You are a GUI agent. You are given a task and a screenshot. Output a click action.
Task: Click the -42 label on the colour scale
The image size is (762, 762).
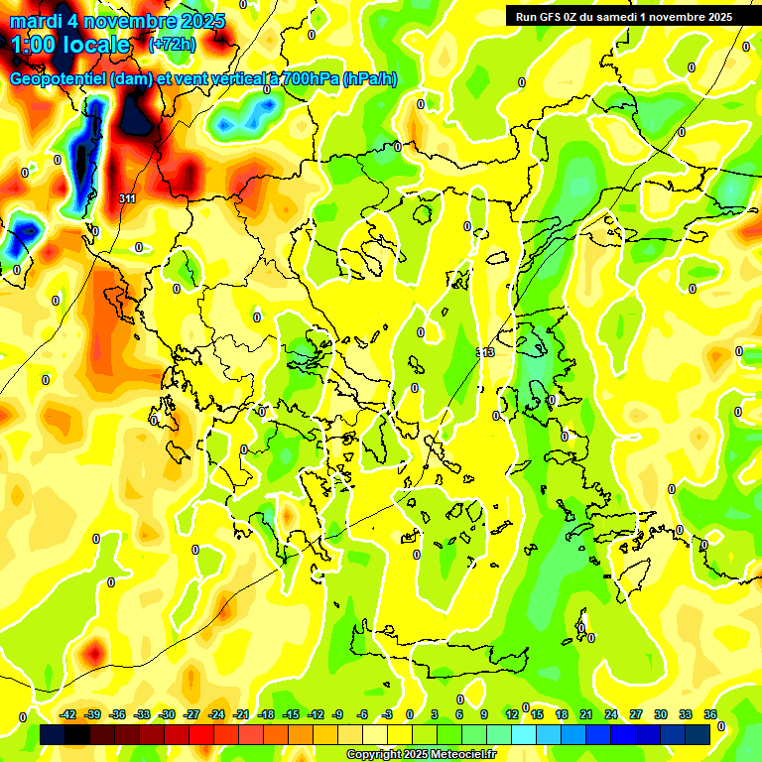(68, 714)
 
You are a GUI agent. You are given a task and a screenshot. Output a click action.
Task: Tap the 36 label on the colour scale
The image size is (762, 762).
(710, 714)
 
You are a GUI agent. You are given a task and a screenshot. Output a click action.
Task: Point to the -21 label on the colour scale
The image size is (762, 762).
(241, 714)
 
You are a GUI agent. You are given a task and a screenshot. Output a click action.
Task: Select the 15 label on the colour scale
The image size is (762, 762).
(537, 714)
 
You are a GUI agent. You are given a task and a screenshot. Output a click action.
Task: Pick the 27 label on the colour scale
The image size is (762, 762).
(636, 714)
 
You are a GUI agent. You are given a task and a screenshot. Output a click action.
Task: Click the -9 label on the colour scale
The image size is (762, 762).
(338, 714)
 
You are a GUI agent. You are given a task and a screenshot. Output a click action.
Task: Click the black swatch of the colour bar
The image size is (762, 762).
(77, 734)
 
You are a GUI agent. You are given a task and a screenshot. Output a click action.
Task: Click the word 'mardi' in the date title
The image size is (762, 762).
(36, 21)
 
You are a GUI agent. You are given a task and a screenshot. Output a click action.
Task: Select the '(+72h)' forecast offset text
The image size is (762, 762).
(172, 45)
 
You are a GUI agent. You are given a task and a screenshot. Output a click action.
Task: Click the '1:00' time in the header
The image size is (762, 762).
(37, 45)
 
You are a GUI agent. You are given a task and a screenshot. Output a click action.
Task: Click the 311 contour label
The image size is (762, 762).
(127, 199)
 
